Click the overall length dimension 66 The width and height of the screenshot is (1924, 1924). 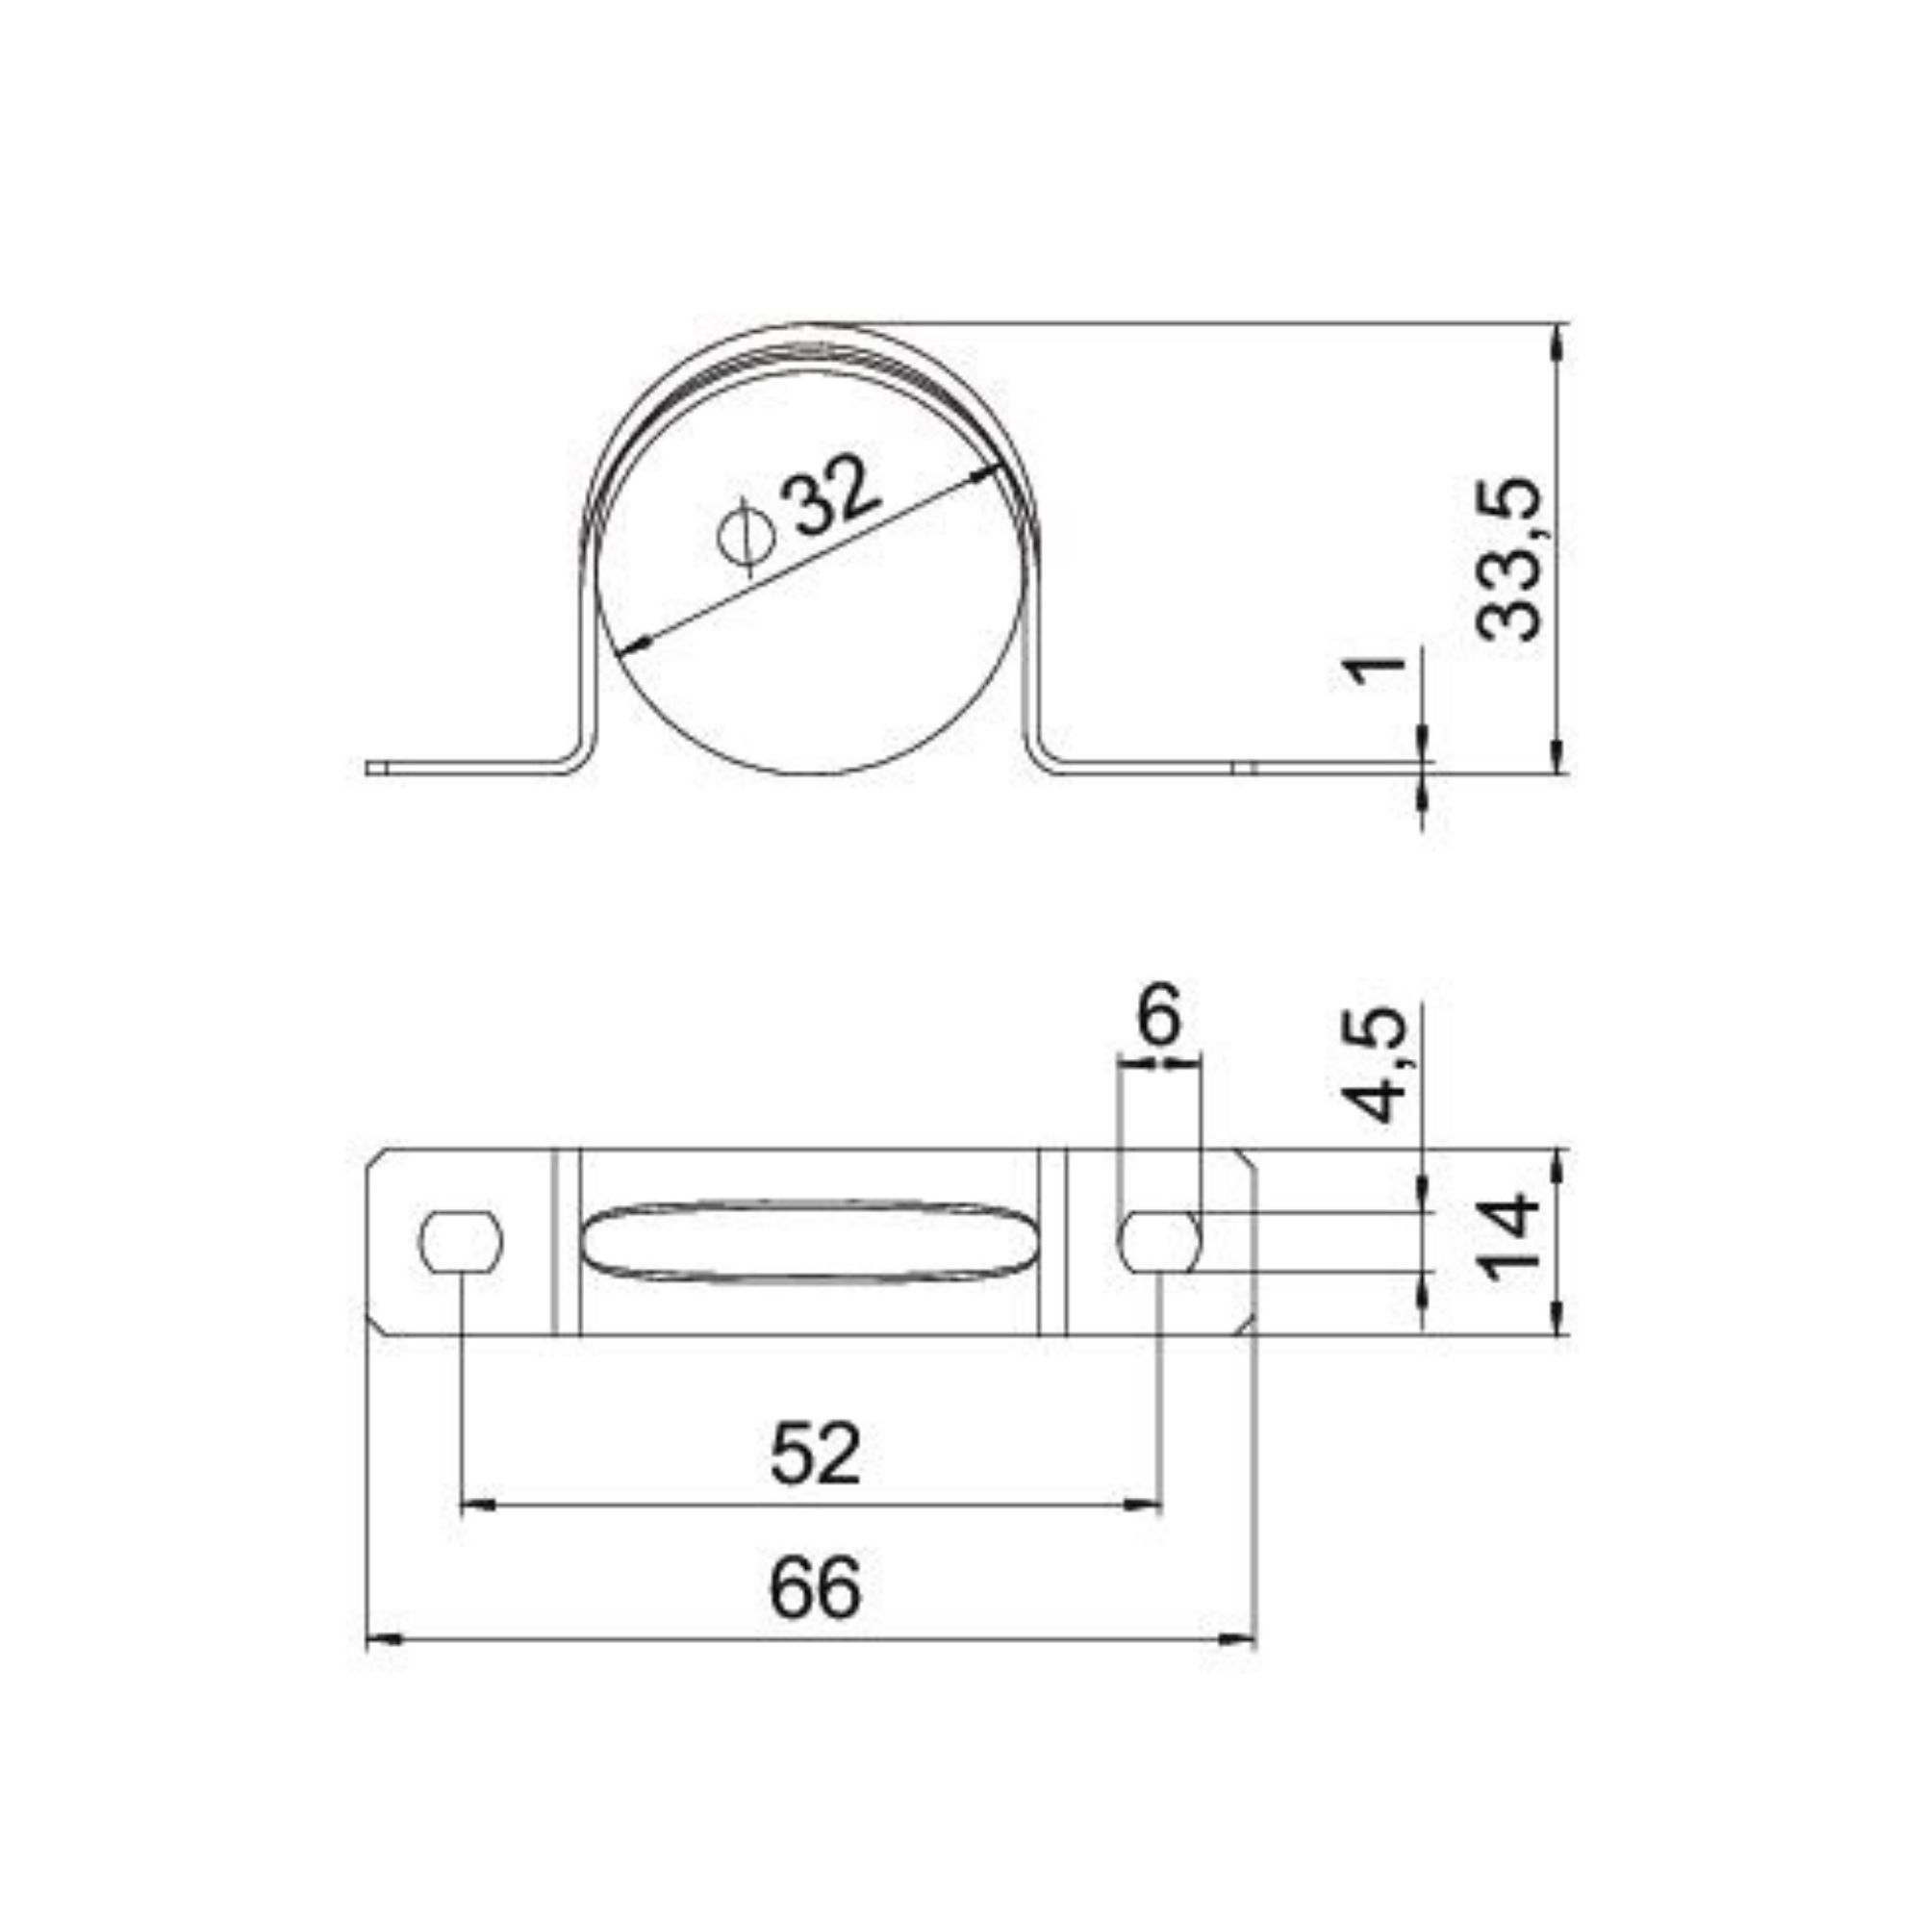(x=814, y=1591)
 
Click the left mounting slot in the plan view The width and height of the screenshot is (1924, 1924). (x=461, y=1242)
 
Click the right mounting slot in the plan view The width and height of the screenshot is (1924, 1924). (x=1160, y=1242)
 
